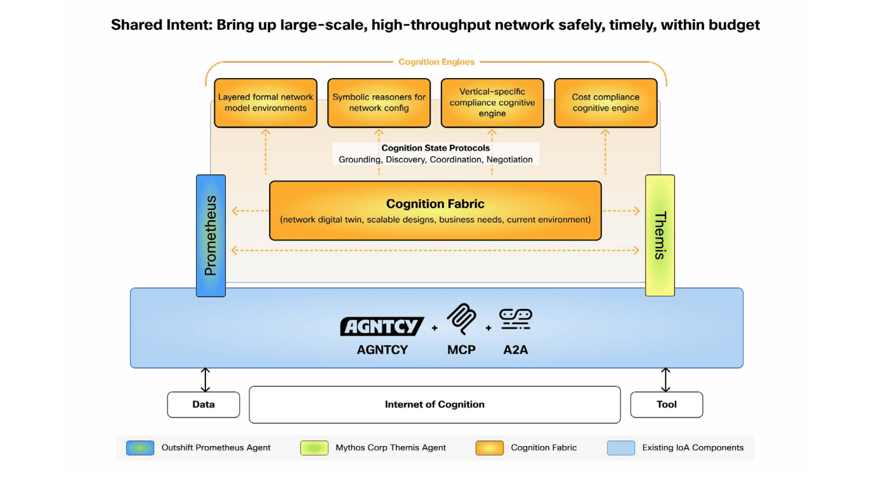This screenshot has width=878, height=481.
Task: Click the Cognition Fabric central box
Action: point(435,211)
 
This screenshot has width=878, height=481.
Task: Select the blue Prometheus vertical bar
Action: point(211,235)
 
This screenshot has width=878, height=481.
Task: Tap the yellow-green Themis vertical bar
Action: point(660,235)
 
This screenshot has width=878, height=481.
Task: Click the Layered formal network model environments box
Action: point(265,103)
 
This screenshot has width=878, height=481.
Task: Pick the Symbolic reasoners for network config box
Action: point(379,103)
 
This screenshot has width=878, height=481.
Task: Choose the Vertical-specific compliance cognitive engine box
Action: point(492,103)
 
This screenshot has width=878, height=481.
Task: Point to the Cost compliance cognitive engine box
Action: point(605,103)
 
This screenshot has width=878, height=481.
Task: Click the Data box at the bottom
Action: point(204,404)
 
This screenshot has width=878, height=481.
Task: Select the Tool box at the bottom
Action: point(666,404)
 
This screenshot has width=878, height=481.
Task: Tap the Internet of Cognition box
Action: point(435,404)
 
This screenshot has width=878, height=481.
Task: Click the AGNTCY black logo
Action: point(382,326)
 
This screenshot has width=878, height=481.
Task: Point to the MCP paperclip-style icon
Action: point(461,319)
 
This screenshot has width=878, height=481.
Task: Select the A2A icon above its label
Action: point(515,319)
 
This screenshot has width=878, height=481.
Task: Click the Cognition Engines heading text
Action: point(436,62)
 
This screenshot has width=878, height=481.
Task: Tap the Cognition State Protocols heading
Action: point(435,148)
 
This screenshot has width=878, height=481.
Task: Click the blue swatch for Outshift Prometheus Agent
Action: point(140,448)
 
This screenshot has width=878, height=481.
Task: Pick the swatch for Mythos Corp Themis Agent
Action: point(314,448)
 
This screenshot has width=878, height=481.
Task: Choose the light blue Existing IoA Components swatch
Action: point(620,448)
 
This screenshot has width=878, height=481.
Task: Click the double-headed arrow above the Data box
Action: point(204,379)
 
